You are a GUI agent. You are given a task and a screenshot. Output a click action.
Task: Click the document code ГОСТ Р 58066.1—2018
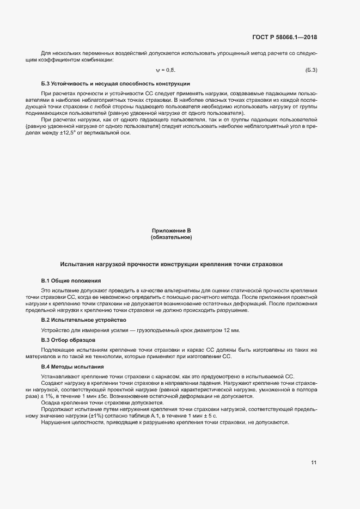(x=285, y=38)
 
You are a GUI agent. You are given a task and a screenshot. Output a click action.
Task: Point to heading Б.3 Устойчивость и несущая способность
(x=115, y=84)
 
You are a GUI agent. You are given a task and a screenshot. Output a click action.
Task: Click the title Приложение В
(x=171, y=231)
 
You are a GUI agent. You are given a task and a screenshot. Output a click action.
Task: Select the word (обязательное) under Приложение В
(x=171, y=237)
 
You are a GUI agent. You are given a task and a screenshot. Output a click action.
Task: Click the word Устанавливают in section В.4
(x=62, y=377)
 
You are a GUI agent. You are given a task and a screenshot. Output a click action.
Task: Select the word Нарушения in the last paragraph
(x=56, y=423)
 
